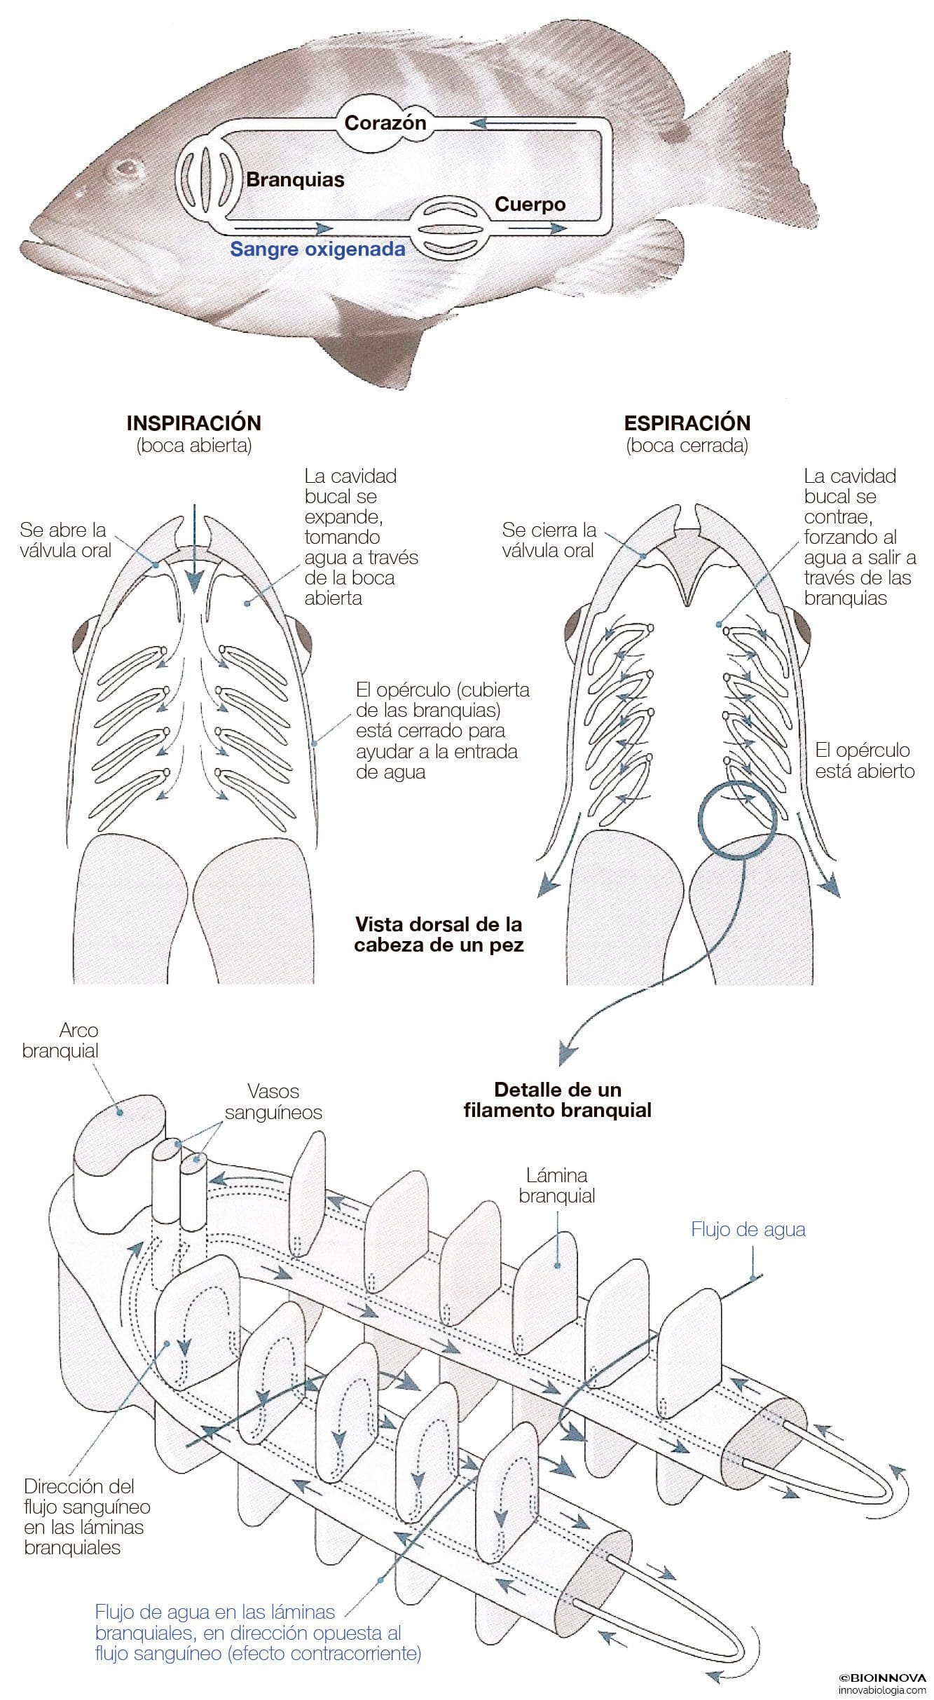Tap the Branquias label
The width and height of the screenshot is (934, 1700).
295,179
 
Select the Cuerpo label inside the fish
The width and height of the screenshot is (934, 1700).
530,205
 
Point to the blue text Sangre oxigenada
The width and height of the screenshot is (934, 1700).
318,249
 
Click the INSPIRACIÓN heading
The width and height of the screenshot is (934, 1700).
193,423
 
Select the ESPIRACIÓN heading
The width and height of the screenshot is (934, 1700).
687,423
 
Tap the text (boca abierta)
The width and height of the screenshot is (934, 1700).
193,446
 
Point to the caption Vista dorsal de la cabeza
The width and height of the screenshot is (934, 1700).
439,934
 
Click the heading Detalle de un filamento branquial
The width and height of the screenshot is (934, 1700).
557,1099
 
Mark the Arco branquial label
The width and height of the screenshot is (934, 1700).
60,1041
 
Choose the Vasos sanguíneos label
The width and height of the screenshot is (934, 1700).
283,1102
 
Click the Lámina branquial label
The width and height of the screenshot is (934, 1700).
557,1185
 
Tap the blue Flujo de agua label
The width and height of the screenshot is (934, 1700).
748,1229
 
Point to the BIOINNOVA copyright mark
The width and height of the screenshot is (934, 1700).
882,1677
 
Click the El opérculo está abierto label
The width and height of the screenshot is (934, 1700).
865,760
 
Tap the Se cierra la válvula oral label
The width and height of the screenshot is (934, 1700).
549,540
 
